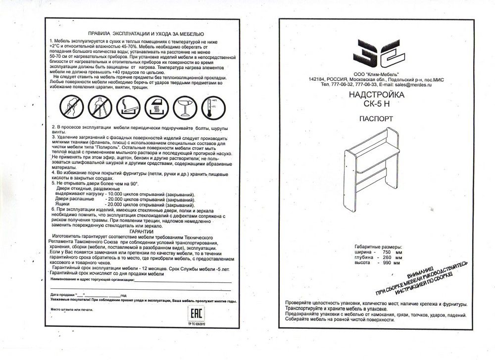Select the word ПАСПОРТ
click(376, 120)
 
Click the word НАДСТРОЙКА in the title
click(376, 94)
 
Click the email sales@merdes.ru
click(412, 85)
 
